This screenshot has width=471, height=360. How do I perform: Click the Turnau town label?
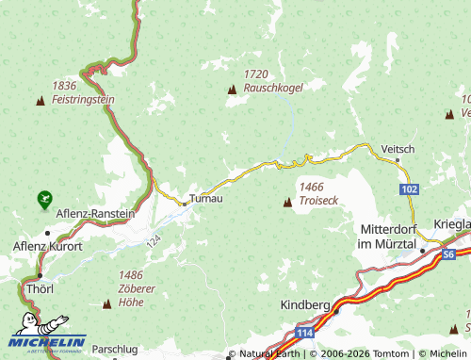tap(206, 199)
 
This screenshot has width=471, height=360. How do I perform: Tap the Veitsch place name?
tap(398, 149)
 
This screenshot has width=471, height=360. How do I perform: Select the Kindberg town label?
tap(305, 305)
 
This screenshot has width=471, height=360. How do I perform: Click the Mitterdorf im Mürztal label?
tap(388, 236)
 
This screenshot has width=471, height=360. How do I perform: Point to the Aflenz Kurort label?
tap(47, 246)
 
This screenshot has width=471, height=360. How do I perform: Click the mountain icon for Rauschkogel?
tap(232, 90)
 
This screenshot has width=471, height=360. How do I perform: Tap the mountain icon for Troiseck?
tap(287, 202)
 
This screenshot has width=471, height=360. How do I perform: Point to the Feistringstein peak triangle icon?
tap(41, 99)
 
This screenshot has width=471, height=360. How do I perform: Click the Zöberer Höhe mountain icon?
tap(106, 304)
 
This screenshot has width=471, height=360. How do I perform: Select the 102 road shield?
tap(409, 190)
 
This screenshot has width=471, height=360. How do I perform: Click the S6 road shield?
tap(448, 254)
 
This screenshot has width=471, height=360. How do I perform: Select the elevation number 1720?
tap(257, 74)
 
